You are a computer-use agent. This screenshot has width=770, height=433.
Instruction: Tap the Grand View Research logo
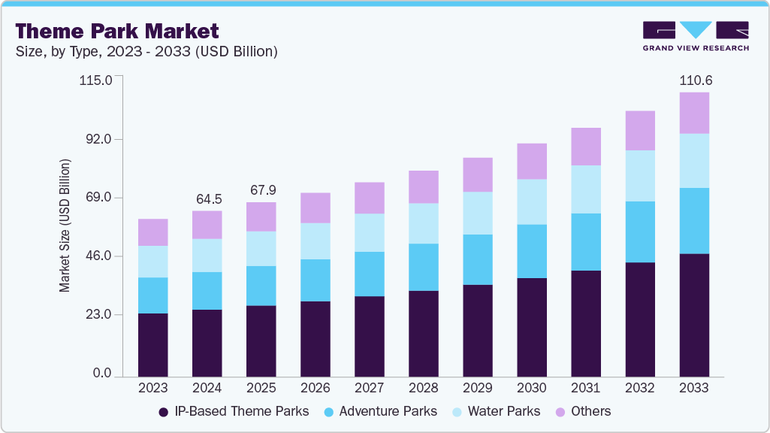coord(695,36)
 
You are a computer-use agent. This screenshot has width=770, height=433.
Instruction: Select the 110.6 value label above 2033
coord(694,80)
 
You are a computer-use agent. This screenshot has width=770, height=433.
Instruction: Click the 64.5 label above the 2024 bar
coord(207,199)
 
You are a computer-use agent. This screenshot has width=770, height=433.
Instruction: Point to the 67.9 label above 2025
coord(261,190)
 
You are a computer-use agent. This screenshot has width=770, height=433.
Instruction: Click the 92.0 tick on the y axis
coord(97,139)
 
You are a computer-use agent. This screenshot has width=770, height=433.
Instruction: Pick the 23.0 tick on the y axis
coord(97,314)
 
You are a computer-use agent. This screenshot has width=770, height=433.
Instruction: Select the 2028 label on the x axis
coord(423,388)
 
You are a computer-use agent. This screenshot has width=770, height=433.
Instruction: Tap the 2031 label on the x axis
coord(585,388)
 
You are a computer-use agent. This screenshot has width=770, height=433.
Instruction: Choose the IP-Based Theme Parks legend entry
coord(234,411)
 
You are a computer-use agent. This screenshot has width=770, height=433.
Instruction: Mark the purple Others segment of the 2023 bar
coord(153,232)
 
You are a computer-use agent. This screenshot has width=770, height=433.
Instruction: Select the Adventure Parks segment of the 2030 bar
coord(532,251)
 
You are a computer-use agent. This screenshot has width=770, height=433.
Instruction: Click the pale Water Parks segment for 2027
coord(369,232)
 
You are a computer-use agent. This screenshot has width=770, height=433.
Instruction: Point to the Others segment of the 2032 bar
coord(640,130)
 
